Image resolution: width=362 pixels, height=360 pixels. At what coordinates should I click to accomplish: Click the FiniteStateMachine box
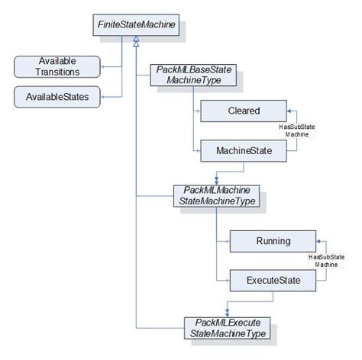tap(136, 26)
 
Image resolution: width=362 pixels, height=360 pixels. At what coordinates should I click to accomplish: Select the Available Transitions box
tap(57, 66)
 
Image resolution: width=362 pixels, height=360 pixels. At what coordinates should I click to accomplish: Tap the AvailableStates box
tap(57, 97)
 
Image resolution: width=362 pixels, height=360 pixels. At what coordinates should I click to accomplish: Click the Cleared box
tap(244, 111)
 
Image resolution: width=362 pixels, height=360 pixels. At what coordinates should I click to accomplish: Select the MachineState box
tap(244, 151)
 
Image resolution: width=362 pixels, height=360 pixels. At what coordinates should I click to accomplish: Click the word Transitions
tap(57, 72)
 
